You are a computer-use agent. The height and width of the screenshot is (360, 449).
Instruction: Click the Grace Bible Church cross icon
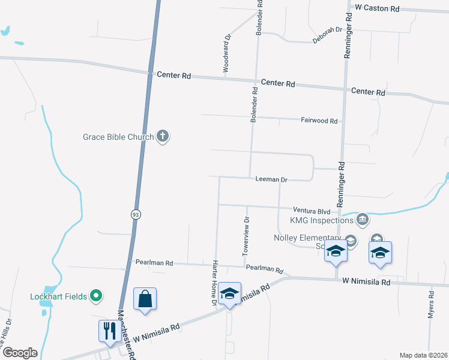point(162,137)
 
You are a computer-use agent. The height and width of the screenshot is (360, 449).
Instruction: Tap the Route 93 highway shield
point(136,214)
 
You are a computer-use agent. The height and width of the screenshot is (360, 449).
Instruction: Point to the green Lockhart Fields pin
point(95,296)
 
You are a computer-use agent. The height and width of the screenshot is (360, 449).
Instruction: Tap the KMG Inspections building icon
point(361,220)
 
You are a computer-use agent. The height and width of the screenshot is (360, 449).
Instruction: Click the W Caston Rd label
point(377,8)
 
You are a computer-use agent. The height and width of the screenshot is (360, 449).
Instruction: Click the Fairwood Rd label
point(319,121)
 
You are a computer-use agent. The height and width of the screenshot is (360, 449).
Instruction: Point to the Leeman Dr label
point(271,179)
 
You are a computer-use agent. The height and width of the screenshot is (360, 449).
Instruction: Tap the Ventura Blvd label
point(312,211)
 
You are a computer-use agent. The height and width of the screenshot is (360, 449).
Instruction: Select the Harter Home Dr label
point(214,283)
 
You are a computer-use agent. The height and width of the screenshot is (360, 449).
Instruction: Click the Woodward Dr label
point(227,53)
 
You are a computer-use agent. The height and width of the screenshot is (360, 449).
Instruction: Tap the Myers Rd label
point(431,305)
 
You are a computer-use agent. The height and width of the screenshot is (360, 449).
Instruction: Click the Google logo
point(19,352)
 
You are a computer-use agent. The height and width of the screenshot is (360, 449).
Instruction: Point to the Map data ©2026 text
point(423,355)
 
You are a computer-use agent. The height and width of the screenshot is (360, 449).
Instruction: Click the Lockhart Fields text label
point(58,296)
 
